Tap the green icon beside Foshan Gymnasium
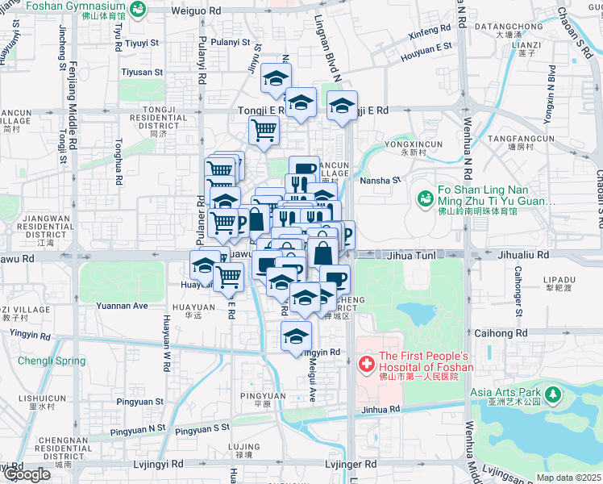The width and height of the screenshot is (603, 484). (x=139, y=9)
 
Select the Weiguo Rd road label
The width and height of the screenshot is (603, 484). (x=196, y=11)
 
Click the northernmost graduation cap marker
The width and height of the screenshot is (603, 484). (x=276, y=79)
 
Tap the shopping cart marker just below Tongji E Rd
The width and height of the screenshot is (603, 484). (x=264, y=130)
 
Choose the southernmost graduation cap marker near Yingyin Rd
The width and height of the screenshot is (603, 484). (x=296, y=335)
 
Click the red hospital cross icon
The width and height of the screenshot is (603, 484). (x=366, y=364)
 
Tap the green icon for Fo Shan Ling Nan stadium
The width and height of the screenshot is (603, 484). (x=423, y=197)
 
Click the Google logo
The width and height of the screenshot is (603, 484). (x=26, y=474)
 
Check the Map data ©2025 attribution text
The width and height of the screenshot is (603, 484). (x=569, y=478)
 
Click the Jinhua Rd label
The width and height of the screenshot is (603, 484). (x=381, y=410)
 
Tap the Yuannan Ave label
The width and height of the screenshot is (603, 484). (x=122, y=306)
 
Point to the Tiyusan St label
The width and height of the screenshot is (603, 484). (x=142, y=72)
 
